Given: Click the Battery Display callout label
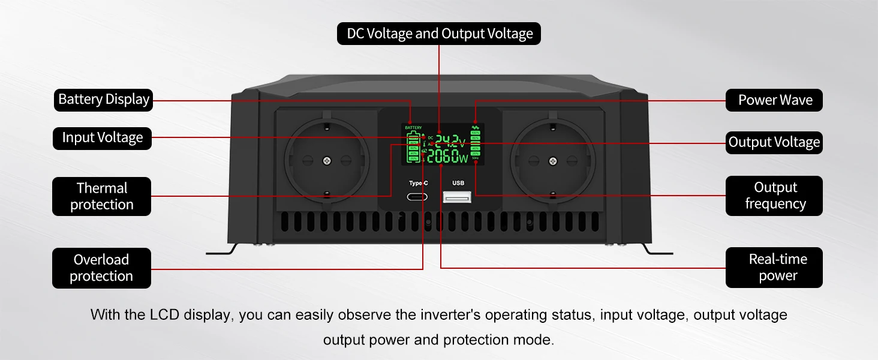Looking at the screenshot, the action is point(103,100).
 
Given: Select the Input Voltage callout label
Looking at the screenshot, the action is point(102,138).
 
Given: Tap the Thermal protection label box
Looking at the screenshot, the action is point(101,196).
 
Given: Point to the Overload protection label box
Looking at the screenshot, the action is point(101,268).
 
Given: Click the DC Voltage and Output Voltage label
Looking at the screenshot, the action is point(439,34).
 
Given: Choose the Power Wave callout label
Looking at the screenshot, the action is point(774,100).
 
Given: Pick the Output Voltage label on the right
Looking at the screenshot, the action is point(774,142).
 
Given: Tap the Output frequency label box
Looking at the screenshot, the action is point(774,196).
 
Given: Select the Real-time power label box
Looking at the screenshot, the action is point(774,268).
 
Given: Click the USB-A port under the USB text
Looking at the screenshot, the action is point(457,196).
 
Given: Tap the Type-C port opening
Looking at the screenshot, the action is point(418,197).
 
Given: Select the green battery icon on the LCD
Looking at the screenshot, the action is point(413,148).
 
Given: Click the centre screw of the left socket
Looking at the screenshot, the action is point(326,160).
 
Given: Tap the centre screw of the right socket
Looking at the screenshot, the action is point(552,160).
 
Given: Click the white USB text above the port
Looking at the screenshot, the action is point(458,183).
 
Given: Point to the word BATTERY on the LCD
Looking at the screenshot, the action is point(413,128).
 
